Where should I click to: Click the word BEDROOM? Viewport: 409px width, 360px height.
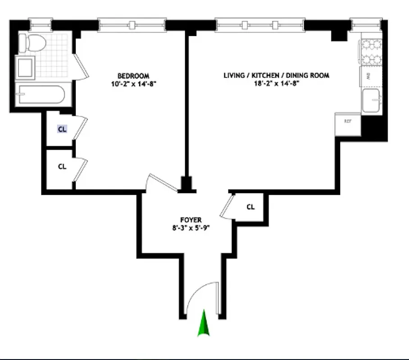pyautogui.click(x=133, y=76)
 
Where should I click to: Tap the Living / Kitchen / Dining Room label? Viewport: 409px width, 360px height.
pyautogui.click(x=276, y=75)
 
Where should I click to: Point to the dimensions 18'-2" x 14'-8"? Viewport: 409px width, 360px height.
pyautogui.click(x=276, y=83)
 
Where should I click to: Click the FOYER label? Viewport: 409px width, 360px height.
pyautogui.click(x=191, y=220)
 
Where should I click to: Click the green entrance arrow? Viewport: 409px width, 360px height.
pyautogui.click(x=204, y=324)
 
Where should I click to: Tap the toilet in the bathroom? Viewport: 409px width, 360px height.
pyautogui.click(x=36, y=44)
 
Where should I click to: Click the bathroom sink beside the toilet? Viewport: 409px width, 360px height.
pyautogui.click(x=25, y=67)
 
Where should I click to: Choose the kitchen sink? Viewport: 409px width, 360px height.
pyautogui.click(x=371, y=99)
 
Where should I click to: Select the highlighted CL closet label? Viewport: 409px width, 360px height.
pyautogui.click(x=62, y=129)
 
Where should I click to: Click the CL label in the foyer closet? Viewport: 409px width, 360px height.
pyautogui.click(x=250, y=207)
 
